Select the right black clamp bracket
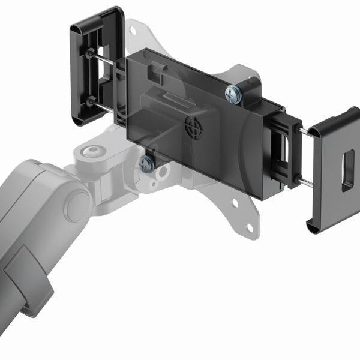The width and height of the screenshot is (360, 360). pyautogui.click(x=334, y=171)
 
